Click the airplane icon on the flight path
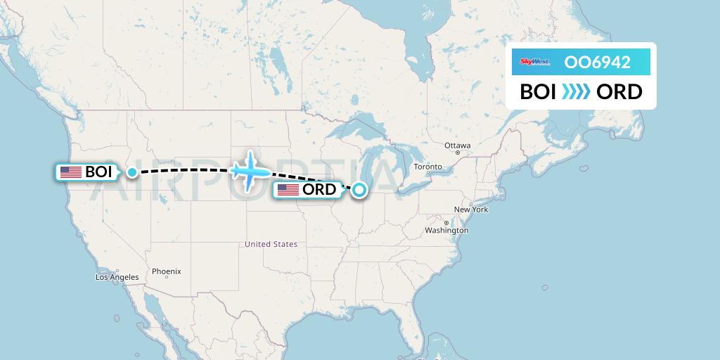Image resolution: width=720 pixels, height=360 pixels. [249, 171]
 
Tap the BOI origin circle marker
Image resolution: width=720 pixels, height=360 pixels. [132, 172]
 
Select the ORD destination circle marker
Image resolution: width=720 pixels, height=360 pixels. [359, 189]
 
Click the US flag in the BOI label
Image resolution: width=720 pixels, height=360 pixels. [71, 172]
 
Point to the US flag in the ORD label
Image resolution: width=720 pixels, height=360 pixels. [288, 190]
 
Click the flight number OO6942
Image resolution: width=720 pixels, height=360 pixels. [597, 63]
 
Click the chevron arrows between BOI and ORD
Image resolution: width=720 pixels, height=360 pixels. [576, 92]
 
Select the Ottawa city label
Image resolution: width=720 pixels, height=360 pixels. [457, 146]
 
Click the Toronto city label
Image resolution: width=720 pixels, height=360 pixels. [427, 167]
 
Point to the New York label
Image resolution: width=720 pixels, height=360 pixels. [471, 210]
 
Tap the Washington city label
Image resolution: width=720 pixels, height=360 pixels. [446, 231]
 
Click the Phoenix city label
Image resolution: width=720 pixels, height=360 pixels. [167, 271]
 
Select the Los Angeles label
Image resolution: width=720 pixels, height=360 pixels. [117, 277]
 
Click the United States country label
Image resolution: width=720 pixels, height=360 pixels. [271, 244]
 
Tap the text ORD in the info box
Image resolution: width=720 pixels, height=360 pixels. [619, 92]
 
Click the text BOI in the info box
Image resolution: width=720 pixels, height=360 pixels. [538, 92]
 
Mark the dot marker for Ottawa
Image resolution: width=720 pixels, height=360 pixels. [457, 153]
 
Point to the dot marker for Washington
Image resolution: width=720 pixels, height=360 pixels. [446, 223]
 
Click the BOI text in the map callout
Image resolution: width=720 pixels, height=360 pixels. [98, 172]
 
